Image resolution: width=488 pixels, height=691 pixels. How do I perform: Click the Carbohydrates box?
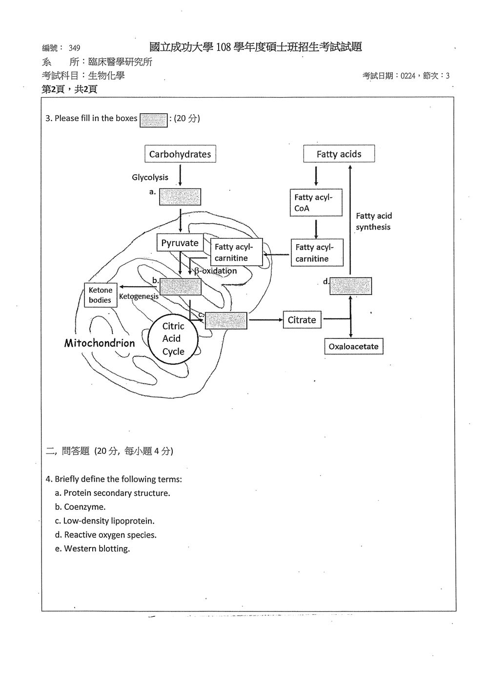coord(181,154)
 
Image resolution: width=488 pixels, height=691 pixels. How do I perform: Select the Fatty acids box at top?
coord(339,154)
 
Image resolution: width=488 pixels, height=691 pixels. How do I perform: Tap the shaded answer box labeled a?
coord(180,197)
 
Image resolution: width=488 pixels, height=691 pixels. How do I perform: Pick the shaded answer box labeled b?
coord(181,287)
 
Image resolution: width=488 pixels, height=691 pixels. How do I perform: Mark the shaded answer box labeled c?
coord(226,320)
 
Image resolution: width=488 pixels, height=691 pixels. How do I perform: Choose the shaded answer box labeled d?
coord(350,286)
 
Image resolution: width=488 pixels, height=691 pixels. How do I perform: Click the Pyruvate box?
coord(180,243)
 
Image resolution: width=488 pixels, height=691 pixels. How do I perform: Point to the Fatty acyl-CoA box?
coord(316,202)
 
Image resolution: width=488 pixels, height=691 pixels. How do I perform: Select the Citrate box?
coord(302,320)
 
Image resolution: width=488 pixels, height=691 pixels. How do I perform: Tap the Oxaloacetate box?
coord(354,346)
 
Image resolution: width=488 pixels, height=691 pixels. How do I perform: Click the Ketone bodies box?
coord(101,295)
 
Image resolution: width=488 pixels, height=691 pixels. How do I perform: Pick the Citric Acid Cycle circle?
coord(173,339)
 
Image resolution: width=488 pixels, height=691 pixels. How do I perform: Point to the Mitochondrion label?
coord(100,343)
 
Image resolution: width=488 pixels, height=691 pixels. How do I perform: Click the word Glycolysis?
coord(150,177)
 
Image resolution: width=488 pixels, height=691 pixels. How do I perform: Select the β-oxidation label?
coord(216,271)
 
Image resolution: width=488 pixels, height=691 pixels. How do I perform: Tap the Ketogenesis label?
coord(139,296)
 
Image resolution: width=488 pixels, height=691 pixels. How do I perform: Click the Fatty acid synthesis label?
coord(374,222)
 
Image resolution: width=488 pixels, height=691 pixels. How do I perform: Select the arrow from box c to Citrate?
coord(265,320)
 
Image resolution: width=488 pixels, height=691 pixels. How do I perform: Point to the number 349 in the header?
coord(74,48)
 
